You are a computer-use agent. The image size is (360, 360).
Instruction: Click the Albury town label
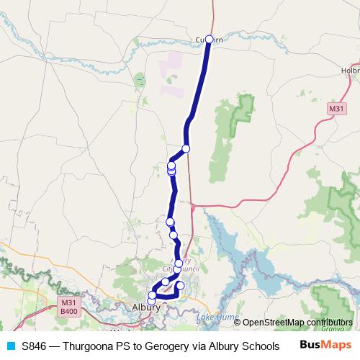[x=146, y=307]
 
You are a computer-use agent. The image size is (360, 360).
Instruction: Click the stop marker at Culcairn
[x=209, y=40]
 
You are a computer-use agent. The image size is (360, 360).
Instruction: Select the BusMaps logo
[x=326, y=345]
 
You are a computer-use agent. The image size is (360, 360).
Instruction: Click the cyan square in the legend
[x=10, y=346]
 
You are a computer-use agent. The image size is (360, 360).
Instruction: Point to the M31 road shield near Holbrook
[x=336, y=108]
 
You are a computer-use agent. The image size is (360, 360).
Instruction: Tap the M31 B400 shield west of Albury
[x=69, y=307]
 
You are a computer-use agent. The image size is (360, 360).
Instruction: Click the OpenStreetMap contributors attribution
[x=297, y=323]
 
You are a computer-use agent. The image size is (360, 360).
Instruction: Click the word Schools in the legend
[x=260, y=346]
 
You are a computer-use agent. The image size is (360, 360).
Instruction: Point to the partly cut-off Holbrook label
[x=350, y=71]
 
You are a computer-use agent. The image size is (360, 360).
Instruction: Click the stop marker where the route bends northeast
[x=186, y=148]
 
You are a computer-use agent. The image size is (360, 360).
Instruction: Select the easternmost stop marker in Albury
[x=181, y=286]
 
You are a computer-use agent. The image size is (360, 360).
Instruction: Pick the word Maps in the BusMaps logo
[x=337, y=345]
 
